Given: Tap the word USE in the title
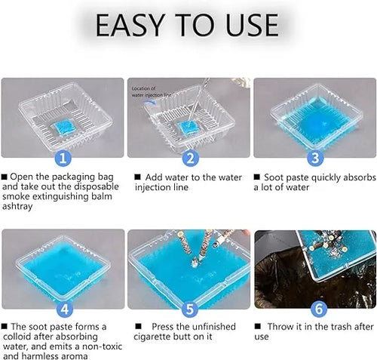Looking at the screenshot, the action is tap(252, 25).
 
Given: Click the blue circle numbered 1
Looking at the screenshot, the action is tap(63, 158).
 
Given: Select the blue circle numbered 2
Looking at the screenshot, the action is tap(191, 158).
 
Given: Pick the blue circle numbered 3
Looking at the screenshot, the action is tap(315, 158).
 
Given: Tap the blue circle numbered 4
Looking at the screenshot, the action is tap(65, 309).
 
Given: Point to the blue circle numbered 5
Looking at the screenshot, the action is tap(190, 309).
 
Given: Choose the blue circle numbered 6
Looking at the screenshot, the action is tap(319, 309).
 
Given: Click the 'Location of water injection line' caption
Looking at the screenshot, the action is tap(151, 92).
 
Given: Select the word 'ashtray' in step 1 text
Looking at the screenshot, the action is tap(17, 207).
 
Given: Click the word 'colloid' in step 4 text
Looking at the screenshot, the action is tap(17, 337).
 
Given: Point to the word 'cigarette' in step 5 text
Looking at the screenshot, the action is tap(153, 337).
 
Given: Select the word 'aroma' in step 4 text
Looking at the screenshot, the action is tap(75, 356).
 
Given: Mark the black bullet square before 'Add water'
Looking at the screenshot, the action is tap(137, 177).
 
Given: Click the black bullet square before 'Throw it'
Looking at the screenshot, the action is tap(257, 327).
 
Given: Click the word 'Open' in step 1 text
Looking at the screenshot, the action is tap(22, 177).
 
